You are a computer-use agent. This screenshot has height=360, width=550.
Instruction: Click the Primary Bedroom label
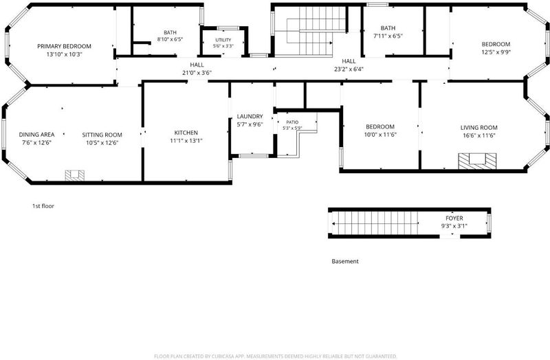pyautogui.click(x=64, y=46)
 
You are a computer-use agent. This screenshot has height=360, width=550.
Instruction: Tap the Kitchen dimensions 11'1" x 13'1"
pyautogui.click(x=186, y=141)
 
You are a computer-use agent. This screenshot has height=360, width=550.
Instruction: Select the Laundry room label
pyautogui.click(x=250, y=116)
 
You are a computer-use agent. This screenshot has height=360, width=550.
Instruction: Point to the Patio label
pyautogui.click(x=292, y=122)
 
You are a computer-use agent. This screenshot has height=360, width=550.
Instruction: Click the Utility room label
pyautogui.click(x=223, y=40)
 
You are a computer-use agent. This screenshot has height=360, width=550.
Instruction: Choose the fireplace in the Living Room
pyautogui.click(x=477, y=161)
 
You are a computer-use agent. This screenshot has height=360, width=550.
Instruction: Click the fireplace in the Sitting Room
pyautogui.click(x=75, y=175)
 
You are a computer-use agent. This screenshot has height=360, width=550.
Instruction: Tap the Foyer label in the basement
pyautogui.click(x=454, y=218)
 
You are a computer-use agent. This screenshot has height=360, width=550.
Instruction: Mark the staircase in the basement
pyautogui.click(x=375, y=223)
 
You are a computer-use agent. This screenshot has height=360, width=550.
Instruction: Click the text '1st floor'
pyautogui.click(x=43, y=206)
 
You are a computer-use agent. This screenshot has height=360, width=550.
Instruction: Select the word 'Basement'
pyautogui.click(x=345, y=261)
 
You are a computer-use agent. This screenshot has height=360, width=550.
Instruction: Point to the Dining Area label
pyautogui.click(x=36, y=135)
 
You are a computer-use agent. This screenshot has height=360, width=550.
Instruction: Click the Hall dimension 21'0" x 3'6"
pyautogui.click(x=197, y=73)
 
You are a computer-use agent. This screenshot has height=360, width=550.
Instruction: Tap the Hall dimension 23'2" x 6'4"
pyautogui.click(x=349, y=69)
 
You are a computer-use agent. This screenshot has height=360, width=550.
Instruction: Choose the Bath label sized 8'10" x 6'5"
pyautogui.click(x=170, y=32)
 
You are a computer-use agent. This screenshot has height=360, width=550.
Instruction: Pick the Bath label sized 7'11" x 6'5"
pyautogui.click(x=388, y=28)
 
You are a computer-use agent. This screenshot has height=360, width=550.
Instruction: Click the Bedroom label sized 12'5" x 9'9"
pyautogui.click(x=496, y=44)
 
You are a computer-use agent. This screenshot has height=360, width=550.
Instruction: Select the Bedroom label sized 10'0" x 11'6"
pyautogui.click(x=380, y=126)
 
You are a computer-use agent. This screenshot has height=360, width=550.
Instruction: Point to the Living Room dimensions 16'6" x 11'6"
pyautogui.click(x=478, y=135)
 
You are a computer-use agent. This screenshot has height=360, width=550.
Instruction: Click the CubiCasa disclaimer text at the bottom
pyautogui.click(x=276, y=356)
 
